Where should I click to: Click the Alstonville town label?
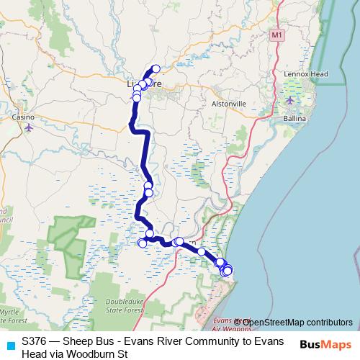pos(228,104)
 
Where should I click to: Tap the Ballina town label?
pos(294,117)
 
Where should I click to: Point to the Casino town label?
pos(22,116)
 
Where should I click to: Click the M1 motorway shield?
pos(277,34)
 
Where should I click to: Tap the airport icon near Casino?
pos(28,127)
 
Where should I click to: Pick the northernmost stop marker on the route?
pos(156,69)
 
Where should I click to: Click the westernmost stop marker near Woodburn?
pos(143,243)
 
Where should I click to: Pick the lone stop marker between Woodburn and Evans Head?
pos(202,252)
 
